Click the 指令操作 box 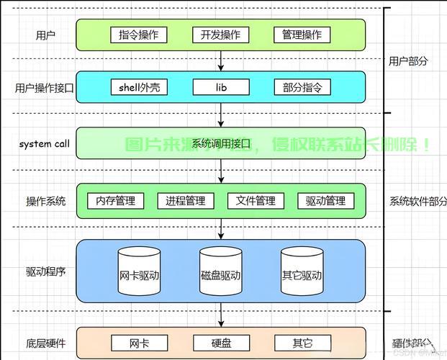pyautogui.click(x=139, y=35)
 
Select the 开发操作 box pyautogui.click(x=220, y=35)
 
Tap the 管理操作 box pyautogui.click(x=302, y=35)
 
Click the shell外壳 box pyautogui.click(x=139, y=88)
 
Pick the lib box pyautogui.click(x=220, y=88)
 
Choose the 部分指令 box pyautogui.click(x=302, y=88)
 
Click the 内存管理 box pyautogui.click(x=115, y=201)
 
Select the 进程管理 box pyautogui.click(x=185, y=201)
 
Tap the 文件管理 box pyautogui.click(x=256, y=201)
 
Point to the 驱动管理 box pyautogui.click(x=325, y=201)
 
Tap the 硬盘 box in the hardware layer pyautogui.click(x=220, y=343)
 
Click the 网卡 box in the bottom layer pyautogui.click(x=139, y=343)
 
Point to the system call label pyautogui.click(x=45, y=144)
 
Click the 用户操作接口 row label pyautogui.click(x=45, y=88)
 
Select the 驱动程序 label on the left pyautogui.click(x=45, y=271)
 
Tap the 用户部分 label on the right pyautogui.click(x=408, y=61)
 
